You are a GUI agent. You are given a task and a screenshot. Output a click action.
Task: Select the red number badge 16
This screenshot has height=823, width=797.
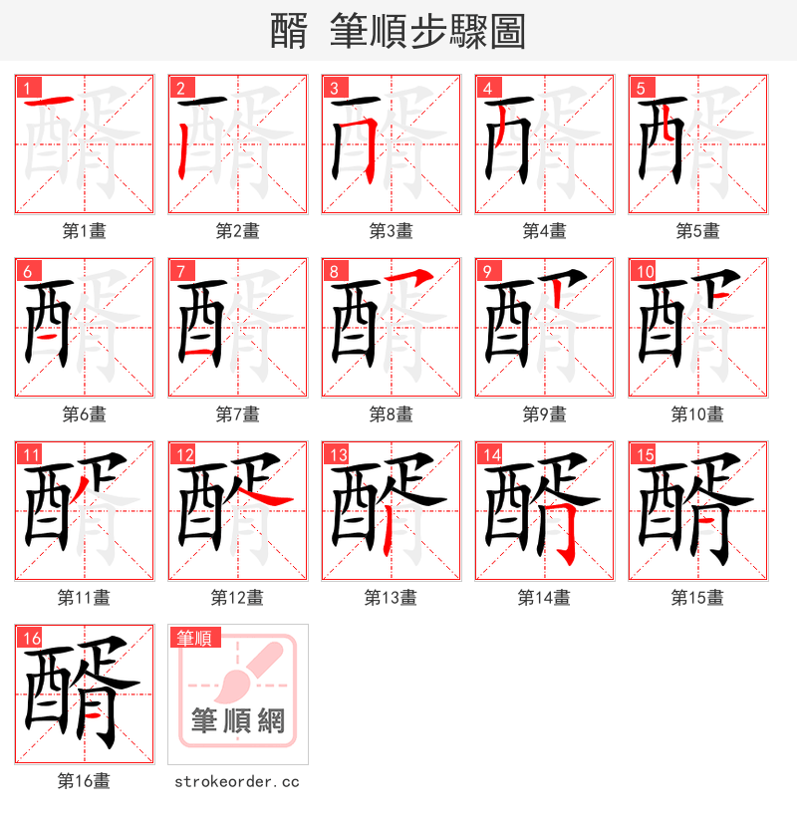pos(31,638)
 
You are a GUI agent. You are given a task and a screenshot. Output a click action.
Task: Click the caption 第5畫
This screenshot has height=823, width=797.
pos(697,231)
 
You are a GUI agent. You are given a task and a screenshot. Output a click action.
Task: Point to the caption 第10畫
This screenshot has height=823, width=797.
pos(697,414)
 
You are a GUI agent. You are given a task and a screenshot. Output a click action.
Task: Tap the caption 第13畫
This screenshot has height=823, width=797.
pos(391,598)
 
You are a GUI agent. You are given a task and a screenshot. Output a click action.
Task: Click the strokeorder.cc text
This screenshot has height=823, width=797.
pos(237,782)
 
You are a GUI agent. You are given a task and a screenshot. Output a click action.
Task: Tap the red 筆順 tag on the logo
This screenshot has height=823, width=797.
pos(195,638)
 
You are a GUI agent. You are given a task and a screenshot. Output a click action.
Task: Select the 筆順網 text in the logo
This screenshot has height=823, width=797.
pos(237,720)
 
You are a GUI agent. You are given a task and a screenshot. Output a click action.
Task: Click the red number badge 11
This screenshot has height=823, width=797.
pos(31,454)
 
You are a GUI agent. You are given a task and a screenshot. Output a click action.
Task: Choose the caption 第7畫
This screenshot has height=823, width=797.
pos(237,414)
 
